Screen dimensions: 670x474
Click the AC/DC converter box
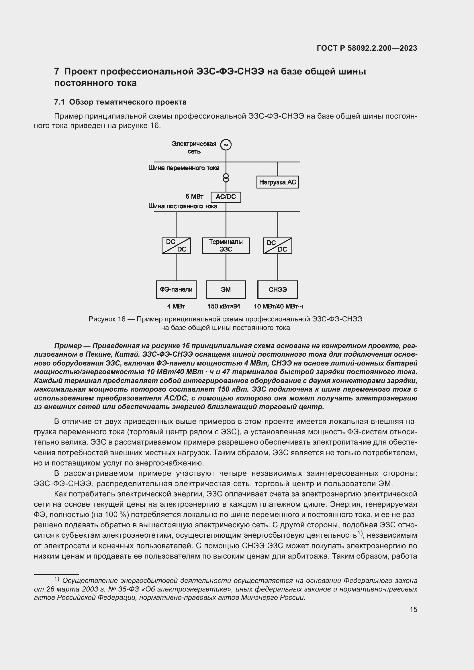tap(226, 197)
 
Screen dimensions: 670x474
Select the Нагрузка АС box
tap(278, 182)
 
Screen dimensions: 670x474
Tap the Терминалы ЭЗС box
tap(226, 246)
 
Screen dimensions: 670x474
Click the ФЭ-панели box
tap(176, 290)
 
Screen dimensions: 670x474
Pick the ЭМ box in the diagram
tap(226, 290)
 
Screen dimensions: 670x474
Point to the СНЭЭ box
tap(278, 290)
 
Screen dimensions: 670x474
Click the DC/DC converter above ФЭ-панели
tap(176, 246)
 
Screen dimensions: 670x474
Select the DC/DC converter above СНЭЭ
tap(278, 246)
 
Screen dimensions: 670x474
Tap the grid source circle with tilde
tap(226, 145)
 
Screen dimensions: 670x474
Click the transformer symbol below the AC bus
tap(226, 178)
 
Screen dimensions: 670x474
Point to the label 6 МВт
tap(194, 197)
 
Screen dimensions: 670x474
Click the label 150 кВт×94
tap(224, 306)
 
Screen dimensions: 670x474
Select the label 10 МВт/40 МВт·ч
tap(278, 306)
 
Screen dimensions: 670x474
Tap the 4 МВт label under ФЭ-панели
tap(176, 306)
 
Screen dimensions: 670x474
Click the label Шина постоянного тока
tap(183, 206)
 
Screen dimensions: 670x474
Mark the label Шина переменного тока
tap(184, 168)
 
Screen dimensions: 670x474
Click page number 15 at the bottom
tap(413, 609)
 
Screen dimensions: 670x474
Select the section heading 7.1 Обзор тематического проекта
tap(120, 102)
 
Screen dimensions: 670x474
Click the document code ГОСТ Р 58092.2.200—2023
tap(367, 48)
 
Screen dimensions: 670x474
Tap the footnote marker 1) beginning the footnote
tap(57, 579)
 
